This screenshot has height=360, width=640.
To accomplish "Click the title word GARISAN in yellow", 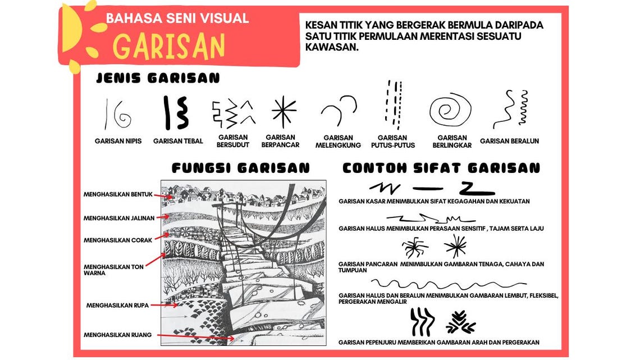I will [169, 47].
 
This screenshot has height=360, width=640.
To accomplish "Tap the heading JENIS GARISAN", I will [158, 79].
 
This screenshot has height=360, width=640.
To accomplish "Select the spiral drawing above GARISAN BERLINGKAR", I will [450, 110].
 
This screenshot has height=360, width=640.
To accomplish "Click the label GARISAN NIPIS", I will [118, 141].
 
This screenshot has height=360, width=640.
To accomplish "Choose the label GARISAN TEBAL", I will [178, 141].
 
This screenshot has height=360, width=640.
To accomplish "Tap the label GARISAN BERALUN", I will [509, 141].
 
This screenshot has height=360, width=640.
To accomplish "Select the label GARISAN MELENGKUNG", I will [338, 141].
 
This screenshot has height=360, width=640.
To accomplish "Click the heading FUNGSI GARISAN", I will [240, 168].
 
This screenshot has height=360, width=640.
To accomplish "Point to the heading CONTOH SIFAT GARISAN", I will [441, 168].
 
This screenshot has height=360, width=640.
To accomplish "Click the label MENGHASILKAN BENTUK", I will [118, 194].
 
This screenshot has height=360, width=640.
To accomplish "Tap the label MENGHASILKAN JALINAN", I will [118, 218].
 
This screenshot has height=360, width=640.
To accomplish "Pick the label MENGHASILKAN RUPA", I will [117, 306].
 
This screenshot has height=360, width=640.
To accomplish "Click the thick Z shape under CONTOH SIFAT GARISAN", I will [477, 188].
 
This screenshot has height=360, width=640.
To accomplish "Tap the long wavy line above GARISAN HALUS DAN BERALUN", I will [449, 283].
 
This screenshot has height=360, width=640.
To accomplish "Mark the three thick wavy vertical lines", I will [422, 321].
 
